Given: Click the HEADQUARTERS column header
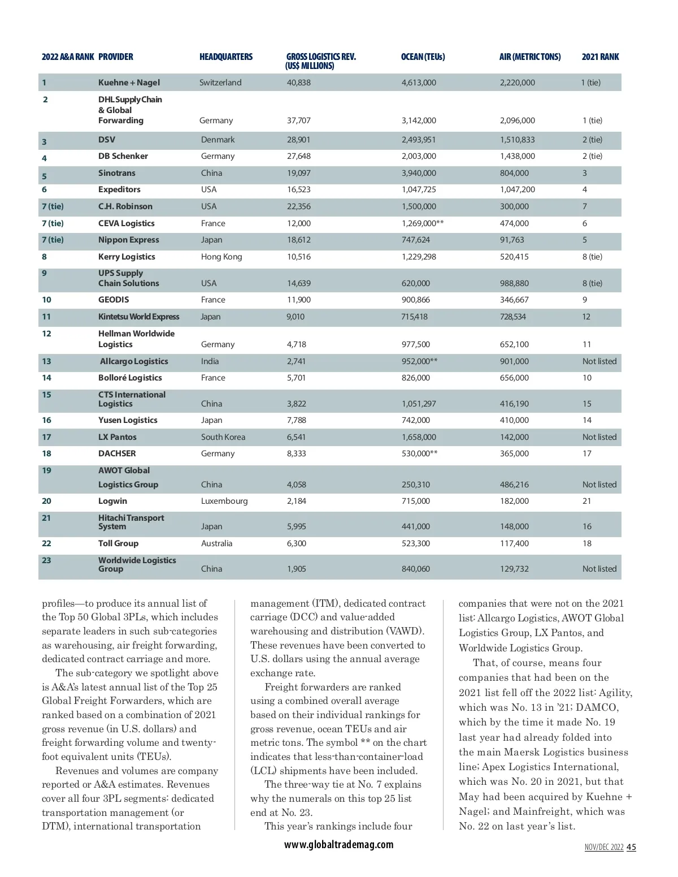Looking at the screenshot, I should [226, 57].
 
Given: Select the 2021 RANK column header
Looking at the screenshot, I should [600, 57].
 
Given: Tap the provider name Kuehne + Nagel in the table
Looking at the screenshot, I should [129, 83].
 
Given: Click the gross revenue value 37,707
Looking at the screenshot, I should [298, 120].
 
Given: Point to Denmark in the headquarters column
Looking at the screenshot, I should [218, 140].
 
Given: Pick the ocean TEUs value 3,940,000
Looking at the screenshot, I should [419, 173].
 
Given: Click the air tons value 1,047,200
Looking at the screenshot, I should [517, 189].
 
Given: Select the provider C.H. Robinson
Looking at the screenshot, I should [125, 206].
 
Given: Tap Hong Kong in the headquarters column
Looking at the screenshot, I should [221, 257].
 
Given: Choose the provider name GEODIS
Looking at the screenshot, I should [114, 300].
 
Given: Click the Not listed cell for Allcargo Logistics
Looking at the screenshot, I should [599, 361].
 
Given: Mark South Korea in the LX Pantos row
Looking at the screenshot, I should [223, 437].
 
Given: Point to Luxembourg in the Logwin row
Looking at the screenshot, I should [224, 501].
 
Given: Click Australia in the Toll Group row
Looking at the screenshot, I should [216, 543].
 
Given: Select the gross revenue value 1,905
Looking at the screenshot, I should [296, 569].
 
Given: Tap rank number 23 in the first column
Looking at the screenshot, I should [46, 560].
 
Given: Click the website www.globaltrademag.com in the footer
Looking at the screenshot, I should [338, 844].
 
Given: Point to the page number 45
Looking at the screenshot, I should [631, 847].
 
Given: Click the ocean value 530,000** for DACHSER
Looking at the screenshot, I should [419, 453].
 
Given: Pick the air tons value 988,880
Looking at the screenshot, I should [514, 283].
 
